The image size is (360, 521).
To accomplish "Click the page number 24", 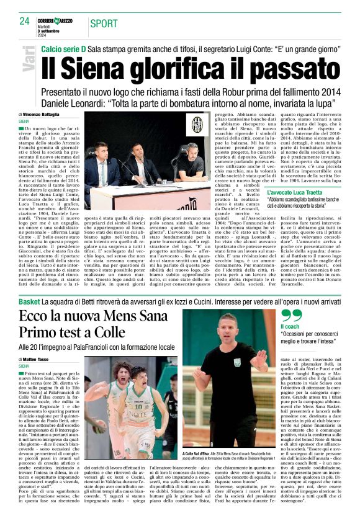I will [24, 20].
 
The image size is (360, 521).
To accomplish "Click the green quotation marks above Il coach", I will [291, 316].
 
